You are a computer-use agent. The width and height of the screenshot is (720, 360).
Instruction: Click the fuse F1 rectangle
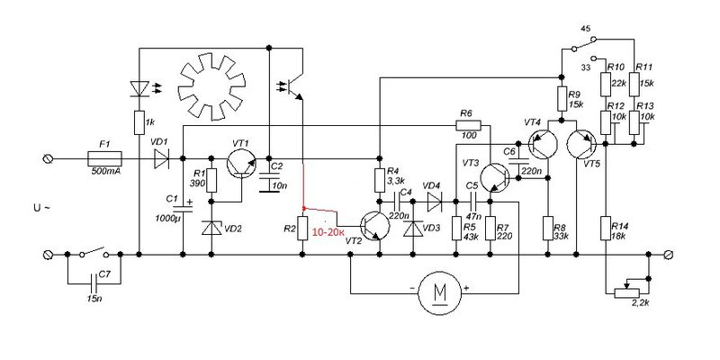tap(104, 159)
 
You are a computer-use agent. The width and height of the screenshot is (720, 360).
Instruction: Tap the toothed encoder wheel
tap(211, 86)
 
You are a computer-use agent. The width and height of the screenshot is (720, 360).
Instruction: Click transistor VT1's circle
tap(241, 165)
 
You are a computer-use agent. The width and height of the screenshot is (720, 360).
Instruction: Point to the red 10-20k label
tap(328, 233)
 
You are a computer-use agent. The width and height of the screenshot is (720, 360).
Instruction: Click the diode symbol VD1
tap(162, 159)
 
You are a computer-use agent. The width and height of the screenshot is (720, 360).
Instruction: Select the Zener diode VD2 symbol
tap(211, 228)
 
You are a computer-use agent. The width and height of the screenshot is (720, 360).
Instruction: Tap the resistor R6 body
tap(468, 125)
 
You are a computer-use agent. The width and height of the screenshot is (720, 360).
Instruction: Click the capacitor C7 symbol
tap(94, 283)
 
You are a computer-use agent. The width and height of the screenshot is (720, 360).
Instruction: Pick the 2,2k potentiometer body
tap(626, 293)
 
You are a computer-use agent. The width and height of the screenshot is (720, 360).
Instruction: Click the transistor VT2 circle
tap(374, 226)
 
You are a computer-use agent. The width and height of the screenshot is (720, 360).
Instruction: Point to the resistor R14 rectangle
tap(606, 229)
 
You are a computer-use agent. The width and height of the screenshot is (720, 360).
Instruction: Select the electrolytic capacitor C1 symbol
tap(183, 209)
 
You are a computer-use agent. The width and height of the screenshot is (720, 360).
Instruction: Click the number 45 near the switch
tap(586, 29)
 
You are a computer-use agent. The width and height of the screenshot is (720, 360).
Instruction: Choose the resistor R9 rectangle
tap(561, 99)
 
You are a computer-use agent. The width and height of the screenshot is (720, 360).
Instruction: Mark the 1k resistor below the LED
tap(139, 122)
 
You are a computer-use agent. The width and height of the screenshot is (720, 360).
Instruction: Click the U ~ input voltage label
tap(41, 208)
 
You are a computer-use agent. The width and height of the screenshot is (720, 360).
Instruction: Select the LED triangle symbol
tap(139, 88)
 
